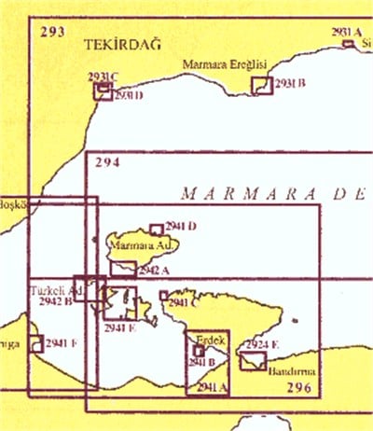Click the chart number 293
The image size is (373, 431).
pos(52,32)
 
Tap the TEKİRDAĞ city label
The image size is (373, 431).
pos(116,45)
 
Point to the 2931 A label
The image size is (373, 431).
pos(345,32)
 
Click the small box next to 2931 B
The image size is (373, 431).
pos(262,86)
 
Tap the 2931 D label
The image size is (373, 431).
pos(127,96)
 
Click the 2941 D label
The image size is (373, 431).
pos(180,227)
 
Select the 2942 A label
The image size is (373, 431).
pos(153,270)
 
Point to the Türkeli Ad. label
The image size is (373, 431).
pos(51,290)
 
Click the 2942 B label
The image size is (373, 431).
pos(56,301)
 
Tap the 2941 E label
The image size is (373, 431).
pos(120,327)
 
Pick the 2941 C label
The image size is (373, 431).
pos(183,301)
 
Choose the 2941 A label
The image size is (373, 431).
pos(213,385)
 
